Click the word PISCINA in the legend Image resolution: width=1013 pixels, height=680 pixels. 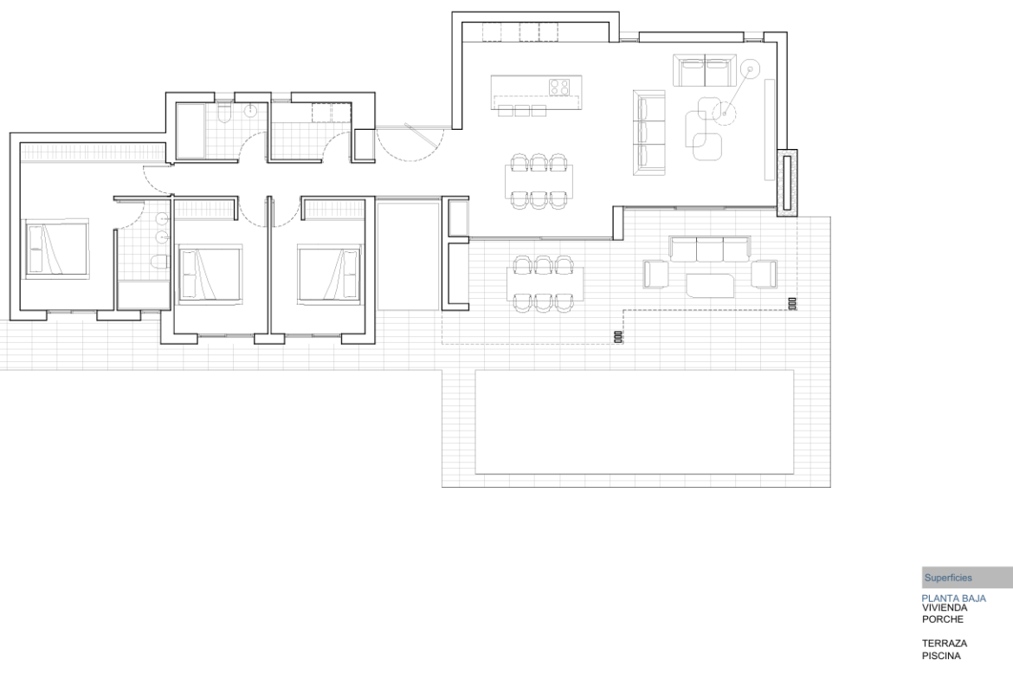coord(941,656)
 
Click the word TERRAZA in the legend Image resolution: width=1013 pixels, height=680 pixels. coord(945,643)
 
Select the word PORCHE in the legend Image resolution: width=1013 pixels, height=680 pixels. coord(943,619)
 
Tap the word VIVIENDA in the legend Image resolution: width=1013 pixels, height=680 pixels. coord(945,607)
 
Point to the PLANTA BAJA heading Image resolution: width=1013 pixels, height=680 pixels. coord(953,598)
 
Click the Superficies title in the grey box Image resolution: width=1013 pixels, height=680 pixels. coord(948,578)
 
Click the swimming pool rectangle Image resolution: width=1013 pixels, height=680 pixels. coord(635,422)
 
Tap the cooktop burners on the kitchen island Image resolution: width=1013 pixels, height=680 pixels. coord(560,86)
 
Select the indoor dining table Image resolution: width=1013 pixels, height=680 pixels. coord(539,181)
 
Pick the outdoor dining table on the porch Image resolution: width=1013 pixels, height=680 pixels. coord(545,284)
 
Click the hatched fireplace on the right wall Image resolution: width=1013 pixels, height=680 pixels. coord(786,183)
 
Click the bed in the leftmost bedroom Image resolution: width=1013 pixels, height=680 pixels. coord(56,249)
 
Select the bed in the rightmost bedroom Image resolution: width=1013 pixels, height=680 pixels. coord(330,273)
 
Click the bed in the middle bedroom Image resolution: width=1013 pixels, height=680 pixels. coord(210,273)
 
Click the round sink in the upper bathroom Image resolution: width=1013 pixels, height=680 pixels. coord(251,111)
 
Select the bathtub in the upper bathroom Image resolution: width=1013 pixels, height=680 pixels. coord(190,131)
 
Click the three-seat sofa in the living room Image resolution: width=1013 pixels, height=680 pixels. coord(649,133)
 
